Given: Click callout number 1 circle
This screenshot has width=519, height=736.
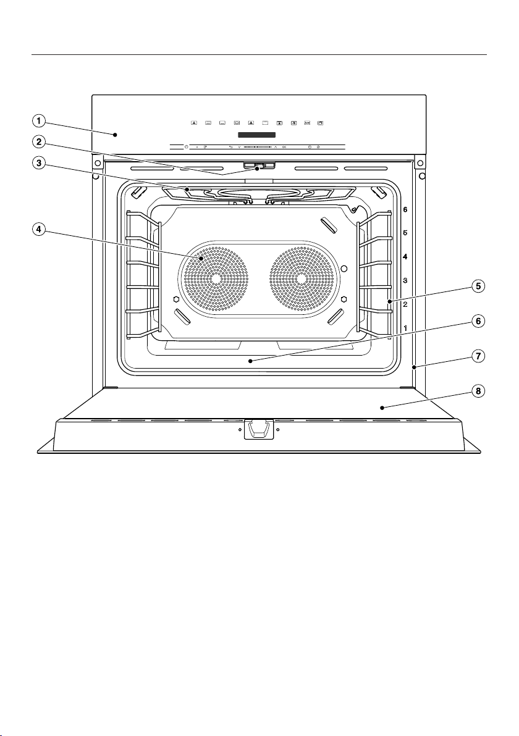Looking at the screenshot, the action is (39, 120).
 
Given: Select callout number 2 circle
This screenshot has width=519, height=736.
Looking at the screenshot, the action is (39, 141).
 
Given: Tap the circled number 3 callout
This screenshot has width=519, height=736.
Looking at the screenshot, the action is (39, 163).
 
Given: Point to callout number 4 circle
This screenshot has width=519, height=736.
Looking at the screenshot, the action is (39, 230).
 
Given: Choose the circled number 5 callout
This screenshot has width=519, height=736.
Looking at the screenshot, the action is (478, 286).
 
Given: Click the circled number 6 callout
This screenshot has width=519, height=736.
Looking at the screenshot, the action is (478, 321).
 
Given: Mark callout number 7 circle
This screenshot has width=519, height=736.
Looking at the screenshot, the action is (478, 356).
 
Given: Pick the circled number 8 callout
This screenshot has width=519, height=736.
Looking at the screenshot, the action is (478, 391).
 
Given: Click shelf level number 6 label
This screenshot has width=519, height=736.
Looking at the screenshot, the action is (405, 209).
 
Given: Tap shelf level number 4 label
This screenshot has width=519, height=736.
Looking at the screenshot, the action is (405, 257).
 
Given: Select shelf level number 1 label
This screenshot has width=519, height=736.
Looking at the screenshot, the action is (405, 328).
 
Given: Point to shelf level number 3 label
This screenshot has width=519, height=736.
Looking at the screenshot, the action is (405, 281).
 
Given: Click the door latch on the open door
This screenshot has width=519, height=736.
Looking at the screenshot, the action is (259, 429).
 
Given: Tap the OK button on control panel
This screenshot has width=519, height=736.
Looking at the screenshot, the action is (284, 147).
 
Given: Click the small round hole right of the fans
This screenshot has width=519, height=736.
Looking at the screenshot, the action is (345, 269).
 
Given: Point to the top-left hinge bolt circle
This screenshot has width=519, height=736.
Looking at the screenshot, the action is (97, 164).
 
